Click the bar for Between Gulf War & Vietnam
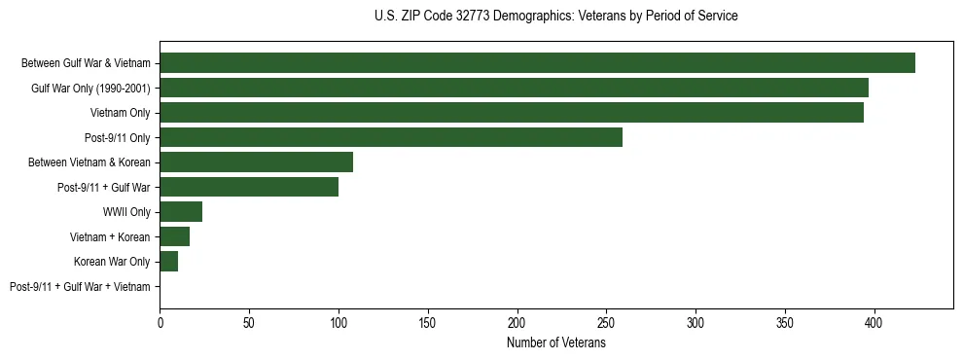coord(537,63)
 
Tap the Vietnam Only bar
coord(512,113)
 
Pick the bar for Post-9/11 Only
coord(391,137)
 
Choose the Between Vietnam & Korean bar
coord(257,162)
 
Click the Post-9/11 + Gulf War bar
coord(249,187)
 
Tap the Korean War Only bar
coord(169,262)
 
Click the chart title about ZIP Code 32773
coord(555,17)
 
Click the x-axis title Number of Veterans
coord(555,343)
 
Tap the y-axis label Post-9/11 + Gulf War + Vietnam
coord(80,287)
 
